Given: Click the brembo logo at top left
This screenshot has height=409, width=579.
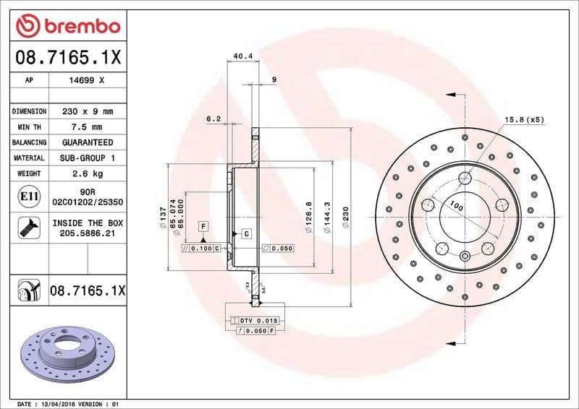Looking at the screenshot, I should [x=67, y=27].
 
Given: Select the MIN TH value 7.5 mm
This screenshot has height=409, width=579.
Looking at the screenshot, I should [x=87, y=127].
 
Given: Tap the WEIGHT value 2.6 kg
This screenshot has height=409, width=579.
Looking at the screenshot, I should [x=87, y=173].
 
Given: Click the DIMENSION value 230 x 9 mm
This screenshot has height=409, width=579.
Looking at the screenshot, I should [x=87, y=111].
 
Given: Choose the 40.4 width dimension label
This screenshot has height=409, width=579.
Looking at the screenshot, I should [x=242, y=56].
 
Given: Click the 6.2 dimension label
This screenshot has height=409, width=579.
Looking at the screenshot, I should [x=213, y=117].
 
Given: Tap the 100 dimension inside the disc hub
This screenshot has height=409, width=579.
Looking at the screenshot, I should [x=455, y=207].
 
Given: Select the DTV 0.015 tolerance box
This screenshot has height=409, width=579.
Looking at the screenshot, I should [x=258, y=319].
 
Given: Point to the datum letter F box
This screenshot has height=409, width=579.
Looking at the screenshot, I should [x=203, y=228].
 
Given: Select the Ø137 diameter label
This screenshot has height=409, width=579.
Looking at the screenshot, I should [x=164, y=216].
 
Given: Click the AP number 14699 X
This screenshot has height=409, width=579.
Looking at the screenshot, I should [x=87, y=80].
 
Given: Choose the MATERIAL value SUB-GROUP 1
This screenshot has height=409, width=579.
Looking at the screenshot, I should [x=87, y=158].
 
